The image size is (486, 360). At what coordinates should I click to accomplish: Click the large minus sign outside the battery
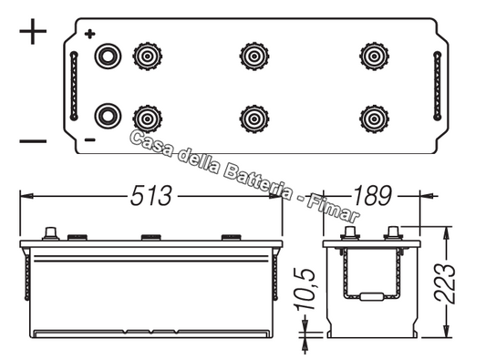(x=33, y=140)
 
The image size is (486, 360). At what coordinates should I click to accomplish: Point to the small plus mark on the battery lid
(x=89, y=35)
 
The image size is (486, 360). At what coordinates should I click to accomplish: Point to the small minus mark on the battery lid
(x=89, y=139)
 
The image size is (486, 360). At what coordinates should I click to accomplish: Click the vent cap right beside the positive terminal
(x=145, y=57)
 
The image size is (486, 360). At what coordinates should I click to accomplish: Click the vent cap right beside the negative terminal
(x=145, y=117)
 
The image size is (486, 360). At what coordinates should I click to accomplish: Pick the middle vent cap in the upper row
(x=253, y=57)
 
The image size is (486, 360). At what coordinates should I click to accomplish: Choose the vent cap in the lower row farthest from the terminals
(x=374, y=117)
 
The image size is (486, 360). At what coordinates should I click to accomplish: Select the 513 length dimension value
(x=151, y=195)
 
